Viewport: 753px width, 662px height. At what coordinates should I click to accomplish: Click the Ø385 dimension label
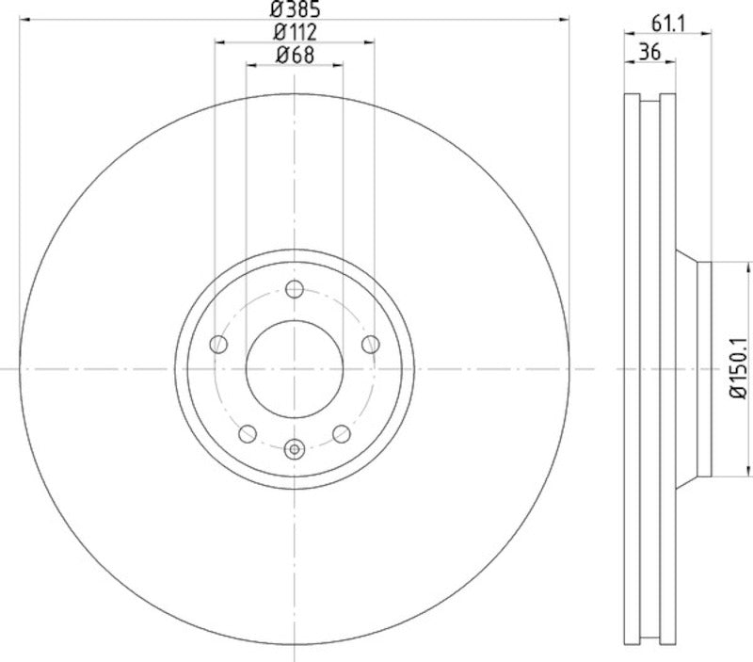(x=295, y=11)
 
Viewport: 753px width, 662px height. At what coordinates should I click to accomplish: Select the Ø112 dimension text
(x=295, y=33)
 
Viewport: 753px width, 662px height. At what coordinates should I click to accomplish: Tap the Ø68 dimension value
(x=295, y=56)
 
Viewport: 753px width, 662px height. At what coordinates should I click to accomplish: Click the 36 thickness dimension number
(x=649, y=53)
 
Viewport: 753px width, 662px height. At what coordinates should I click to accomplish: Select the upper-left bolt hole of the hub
(x=218, y=344)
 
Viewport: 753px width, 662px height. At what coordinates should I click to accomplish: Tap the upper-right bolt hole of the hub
(x=371, y=344)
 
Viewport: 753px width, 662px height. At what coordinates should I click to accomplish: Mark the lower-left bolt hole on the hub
(x=248, y=433)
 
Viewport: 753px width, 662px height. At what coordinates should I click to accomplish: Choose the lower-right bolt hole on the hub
(x=342, y=433)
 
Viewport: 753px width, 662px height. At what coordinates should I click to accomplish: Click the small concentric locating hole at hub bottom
(x=295, y=449)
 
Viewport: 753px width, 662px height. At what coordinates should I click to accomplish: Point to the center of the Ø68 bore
(x=295, y=368)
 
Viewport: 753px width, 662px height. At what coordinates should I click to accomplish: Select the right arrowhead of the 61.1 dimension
(x=707, y=34)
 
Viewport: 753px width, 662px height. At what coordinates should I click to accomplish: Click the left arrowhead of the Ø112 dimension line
(x=219, y=41)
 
